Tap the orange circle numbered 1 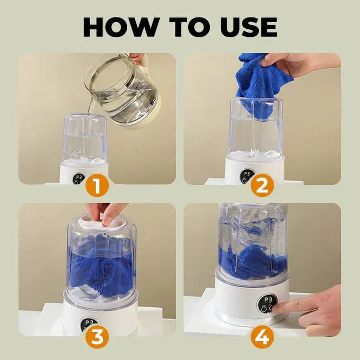(97, 186)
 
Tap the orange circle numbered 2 (262, 186)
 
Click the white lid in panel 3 (102, 221)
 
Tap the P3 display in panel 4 (267, 301)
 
